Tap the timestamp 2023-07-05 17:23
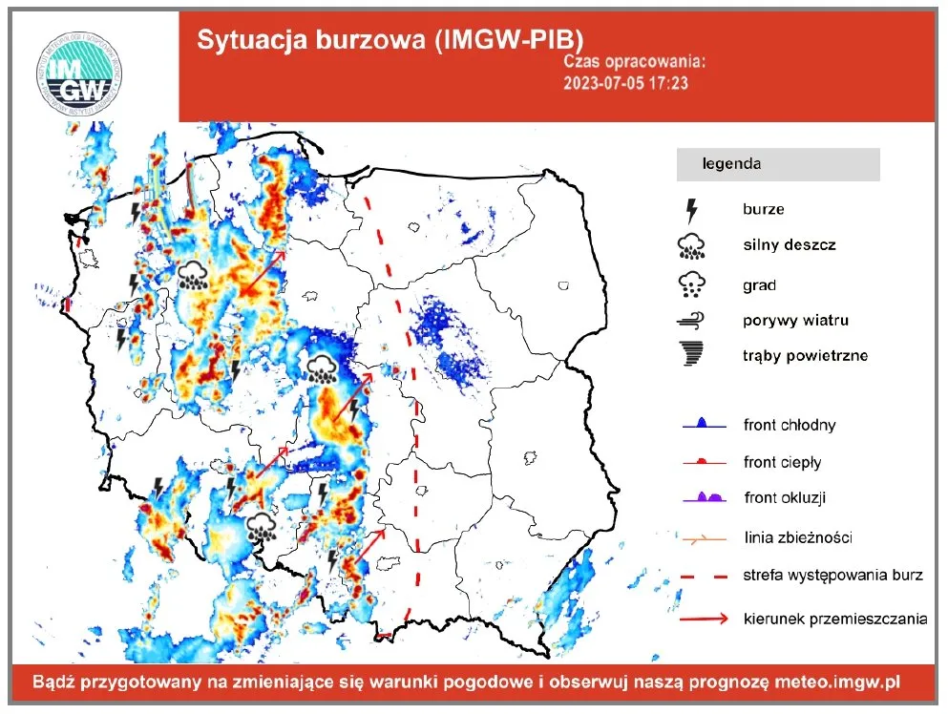coord(626,83)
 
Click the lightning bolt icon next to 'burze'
coord(692,210)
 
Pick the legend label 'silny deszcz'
coord(789,245)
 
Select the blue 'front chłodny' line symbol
coord(703,423)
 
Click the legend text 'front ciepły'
coord(782,462)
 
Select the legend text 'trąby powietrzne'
coord(805,356)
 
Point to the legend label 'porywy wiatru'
coord(794,321)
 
